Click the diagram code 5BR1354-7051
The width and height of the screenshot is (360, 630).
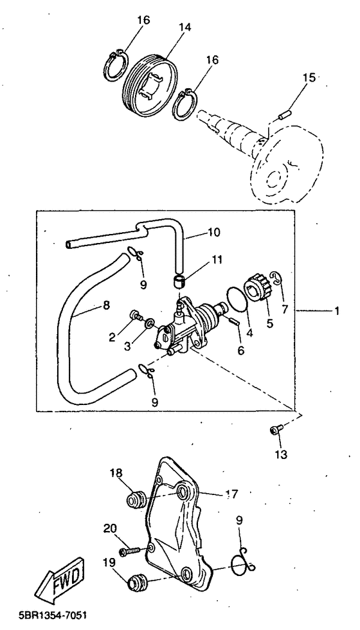[x=53, y=615]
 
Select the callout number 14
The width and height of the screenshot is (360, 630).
[x=185, y=27]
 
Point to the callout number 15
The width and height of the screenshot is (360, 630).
[x=309, y=78]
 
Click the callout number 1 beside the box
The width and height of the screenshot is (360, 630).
[x=337, y=311]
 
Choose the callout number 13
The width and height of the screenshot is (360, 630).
[x=281, y=455]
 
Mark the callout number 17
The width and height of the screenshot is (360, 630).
[x=232, y=494]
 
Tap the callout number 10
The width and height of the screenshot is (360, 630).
[x=213, y=233]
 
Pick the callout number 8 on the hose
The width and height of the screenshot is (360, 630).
[x=106, y=305]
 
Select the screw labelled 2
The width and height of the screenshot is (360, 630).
[x=136, y=316]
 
